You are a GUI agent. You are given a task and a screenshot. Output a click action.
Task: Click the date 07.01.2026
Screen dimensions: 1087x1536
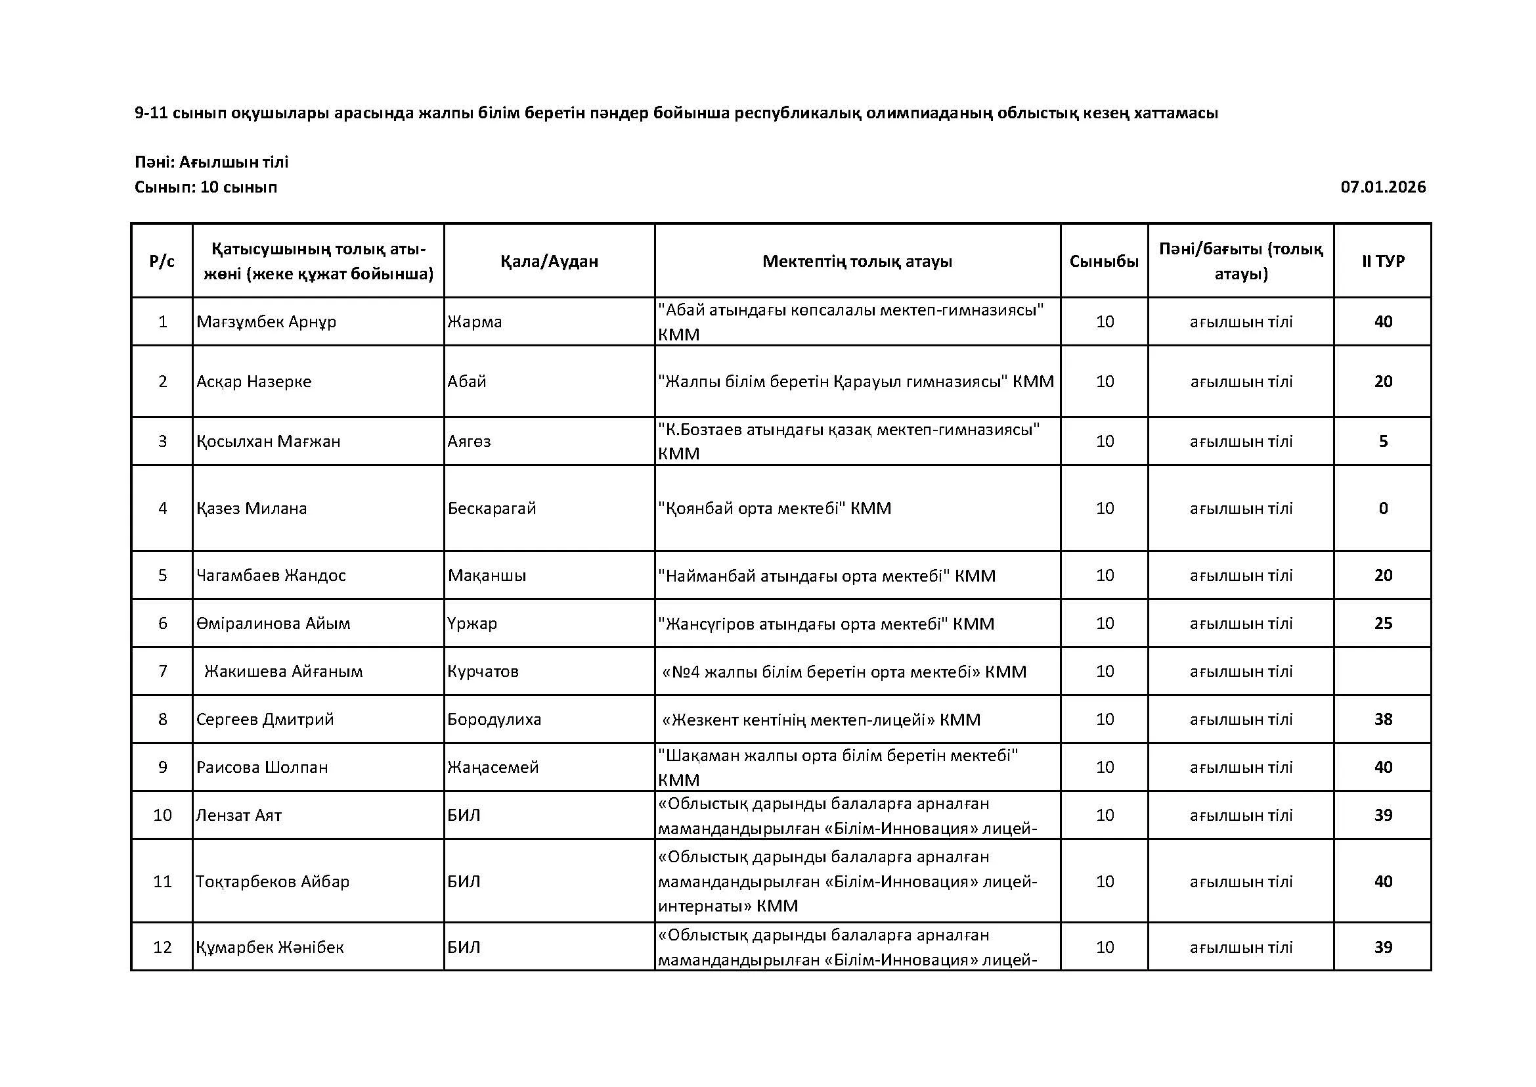1383,187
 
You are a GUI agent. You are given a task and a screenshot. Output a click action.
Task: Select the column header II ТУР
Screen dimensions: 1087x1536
1383,261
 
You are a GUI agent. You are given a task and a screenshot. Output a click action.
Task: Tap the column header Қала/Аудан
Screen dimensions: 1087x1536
549,261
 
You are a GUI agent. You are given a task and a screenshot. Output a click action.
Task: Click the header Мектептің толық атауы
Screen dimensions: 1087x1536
857,261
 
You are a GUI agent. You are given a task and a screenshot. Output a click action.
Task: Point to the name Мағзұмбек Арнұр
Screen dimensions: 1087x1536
266,322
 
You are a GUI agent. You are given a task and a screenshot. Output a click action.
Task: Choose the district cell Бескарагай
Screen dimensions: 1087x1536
492,509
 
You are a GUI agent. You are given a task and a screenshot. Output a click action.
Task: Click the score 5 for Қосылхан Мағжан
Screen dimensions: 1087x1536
1383,442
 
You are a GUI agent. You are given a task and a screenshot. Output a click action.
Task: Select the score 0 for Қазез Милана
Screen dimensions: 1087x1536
1383,509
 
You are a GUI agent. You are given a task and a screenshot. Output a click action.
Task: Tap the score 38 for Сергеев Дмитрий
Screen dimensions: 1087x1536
1383,720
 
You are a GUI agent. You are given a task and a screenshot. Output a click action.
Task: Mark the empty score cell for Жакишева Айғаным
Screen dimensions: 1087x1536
1383,672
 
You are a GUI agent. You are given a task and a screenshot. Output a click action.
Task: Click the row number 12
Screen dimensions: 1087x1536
163,947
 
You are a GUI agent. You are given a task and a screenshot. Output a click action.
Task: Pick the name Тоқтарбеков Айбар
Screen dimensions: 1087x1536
273,881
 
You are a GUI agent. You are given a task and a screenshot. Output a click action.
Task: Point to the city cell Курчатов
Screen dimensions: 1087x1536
483,672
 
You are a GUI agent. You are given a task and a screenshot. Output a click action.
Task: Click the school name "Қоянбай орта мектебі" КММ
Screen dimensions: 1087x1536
775,509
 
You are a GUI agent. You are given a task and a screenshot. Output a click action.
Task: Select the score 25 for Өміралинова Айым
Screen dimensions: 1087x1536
1383,624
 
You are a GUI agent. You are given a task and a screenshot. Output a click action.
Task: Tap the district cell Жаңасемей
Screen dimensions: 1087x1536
493,767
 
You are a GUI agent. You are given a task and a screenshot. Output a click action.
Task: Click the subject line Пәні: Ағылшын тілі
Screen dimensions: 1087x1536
211,162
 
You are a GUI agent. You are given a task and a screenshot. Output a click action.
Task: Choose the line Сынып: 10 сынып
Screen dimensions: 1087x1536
206,187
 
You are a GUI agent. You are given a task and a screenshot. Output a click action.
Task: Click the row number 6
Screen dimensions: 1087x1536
163,624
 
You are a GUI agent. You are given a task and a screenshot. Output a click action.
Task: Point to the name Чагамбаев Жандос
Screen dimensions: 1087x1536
271,576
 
